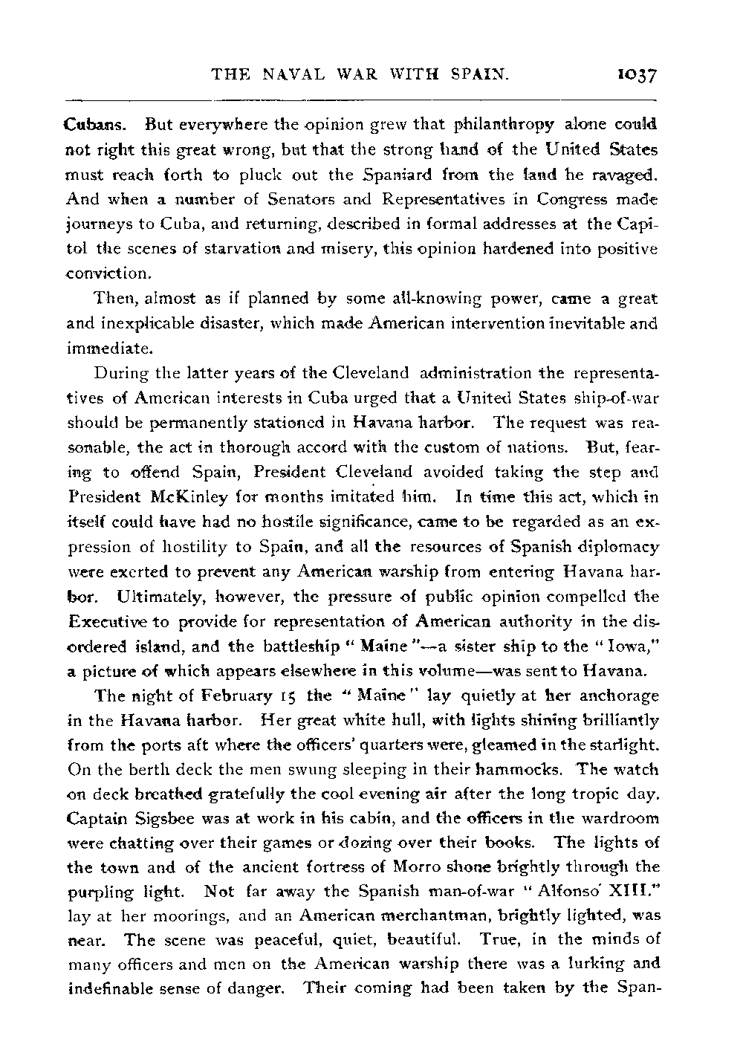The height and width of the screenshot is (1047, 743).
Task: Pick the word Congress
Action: tap(569, 199)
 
